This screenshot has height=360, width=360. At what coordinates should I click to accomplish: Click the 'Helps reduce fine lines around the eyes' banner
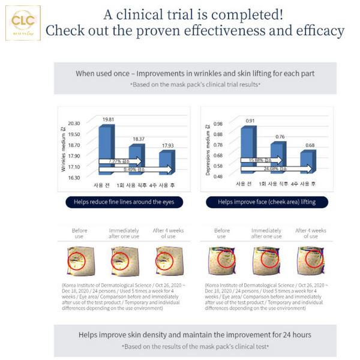tap(124, 202)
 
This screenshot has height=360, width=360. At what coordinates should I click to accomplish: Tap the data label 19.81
tap(108, 119)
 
